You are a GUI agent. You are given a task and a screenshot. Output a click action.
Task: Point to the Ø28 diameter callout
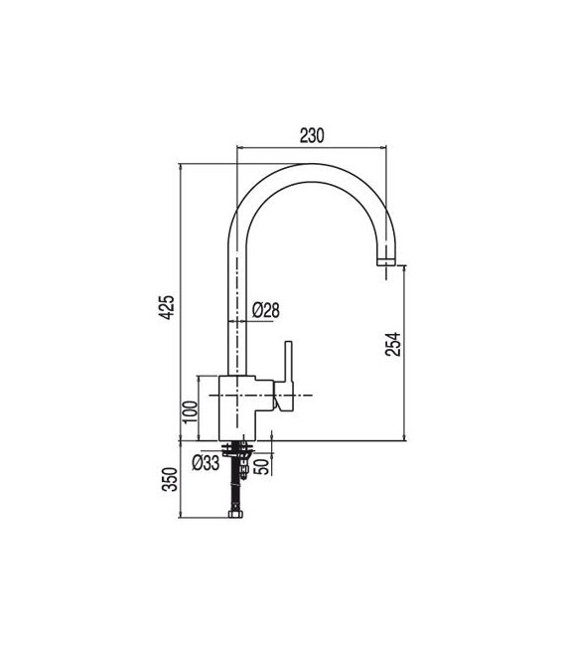266,310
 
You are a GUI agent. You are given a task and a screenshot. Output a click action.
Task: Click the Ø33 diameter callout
205,463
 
